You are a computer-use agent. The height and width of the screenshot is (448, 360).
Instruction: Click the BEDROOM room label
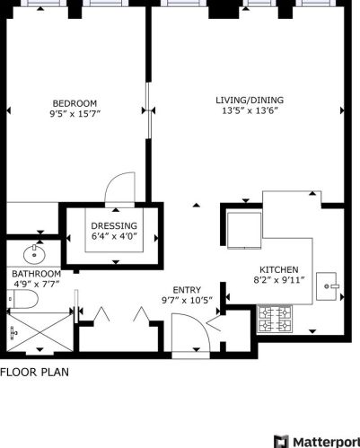75,103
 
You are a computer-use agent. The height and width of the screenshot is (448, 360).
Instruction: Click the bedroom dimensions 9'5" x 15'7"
75,114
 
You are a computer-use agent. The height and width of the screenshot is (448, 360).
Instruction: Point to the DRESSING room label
114,225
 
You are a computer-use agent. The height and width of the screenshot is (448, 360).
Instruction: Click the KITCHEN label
279,269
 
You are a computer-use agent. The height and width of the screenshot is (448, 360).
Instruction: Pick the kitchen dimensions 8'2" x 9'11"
279,280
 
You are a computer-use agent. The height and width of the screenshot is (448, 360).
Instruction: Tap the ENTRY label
187,290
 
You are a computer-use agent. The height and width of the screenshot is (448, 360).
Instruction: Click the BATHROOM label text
36,274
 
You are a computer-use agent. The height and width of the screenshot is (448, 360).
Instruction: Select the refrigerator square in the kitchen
243,229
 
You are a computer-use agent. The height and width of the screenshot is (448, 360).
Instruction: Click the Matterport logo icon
281,440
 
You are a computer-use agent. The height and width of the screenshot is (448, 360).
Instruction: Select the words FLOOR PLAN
33,371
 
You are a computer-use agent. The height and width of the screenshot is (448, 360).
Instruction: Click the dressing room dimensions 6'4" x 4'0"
114,236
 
